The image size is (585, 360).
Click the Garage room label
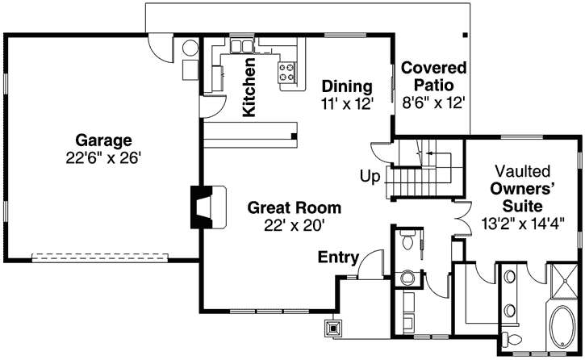[101, 140]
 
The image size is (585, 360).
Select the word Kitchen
[250, 86]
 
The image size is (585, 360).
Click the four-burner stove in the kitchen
[287, 73]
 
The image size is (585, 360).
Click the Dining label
[346, 86]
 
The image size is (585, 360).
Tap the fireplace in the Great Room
[198, 206]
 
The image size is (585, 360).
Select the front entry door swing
[372, 263]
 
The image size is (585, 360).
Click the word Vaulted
[523, 171]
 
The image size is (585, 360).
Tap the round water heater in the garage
[189, 48]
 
